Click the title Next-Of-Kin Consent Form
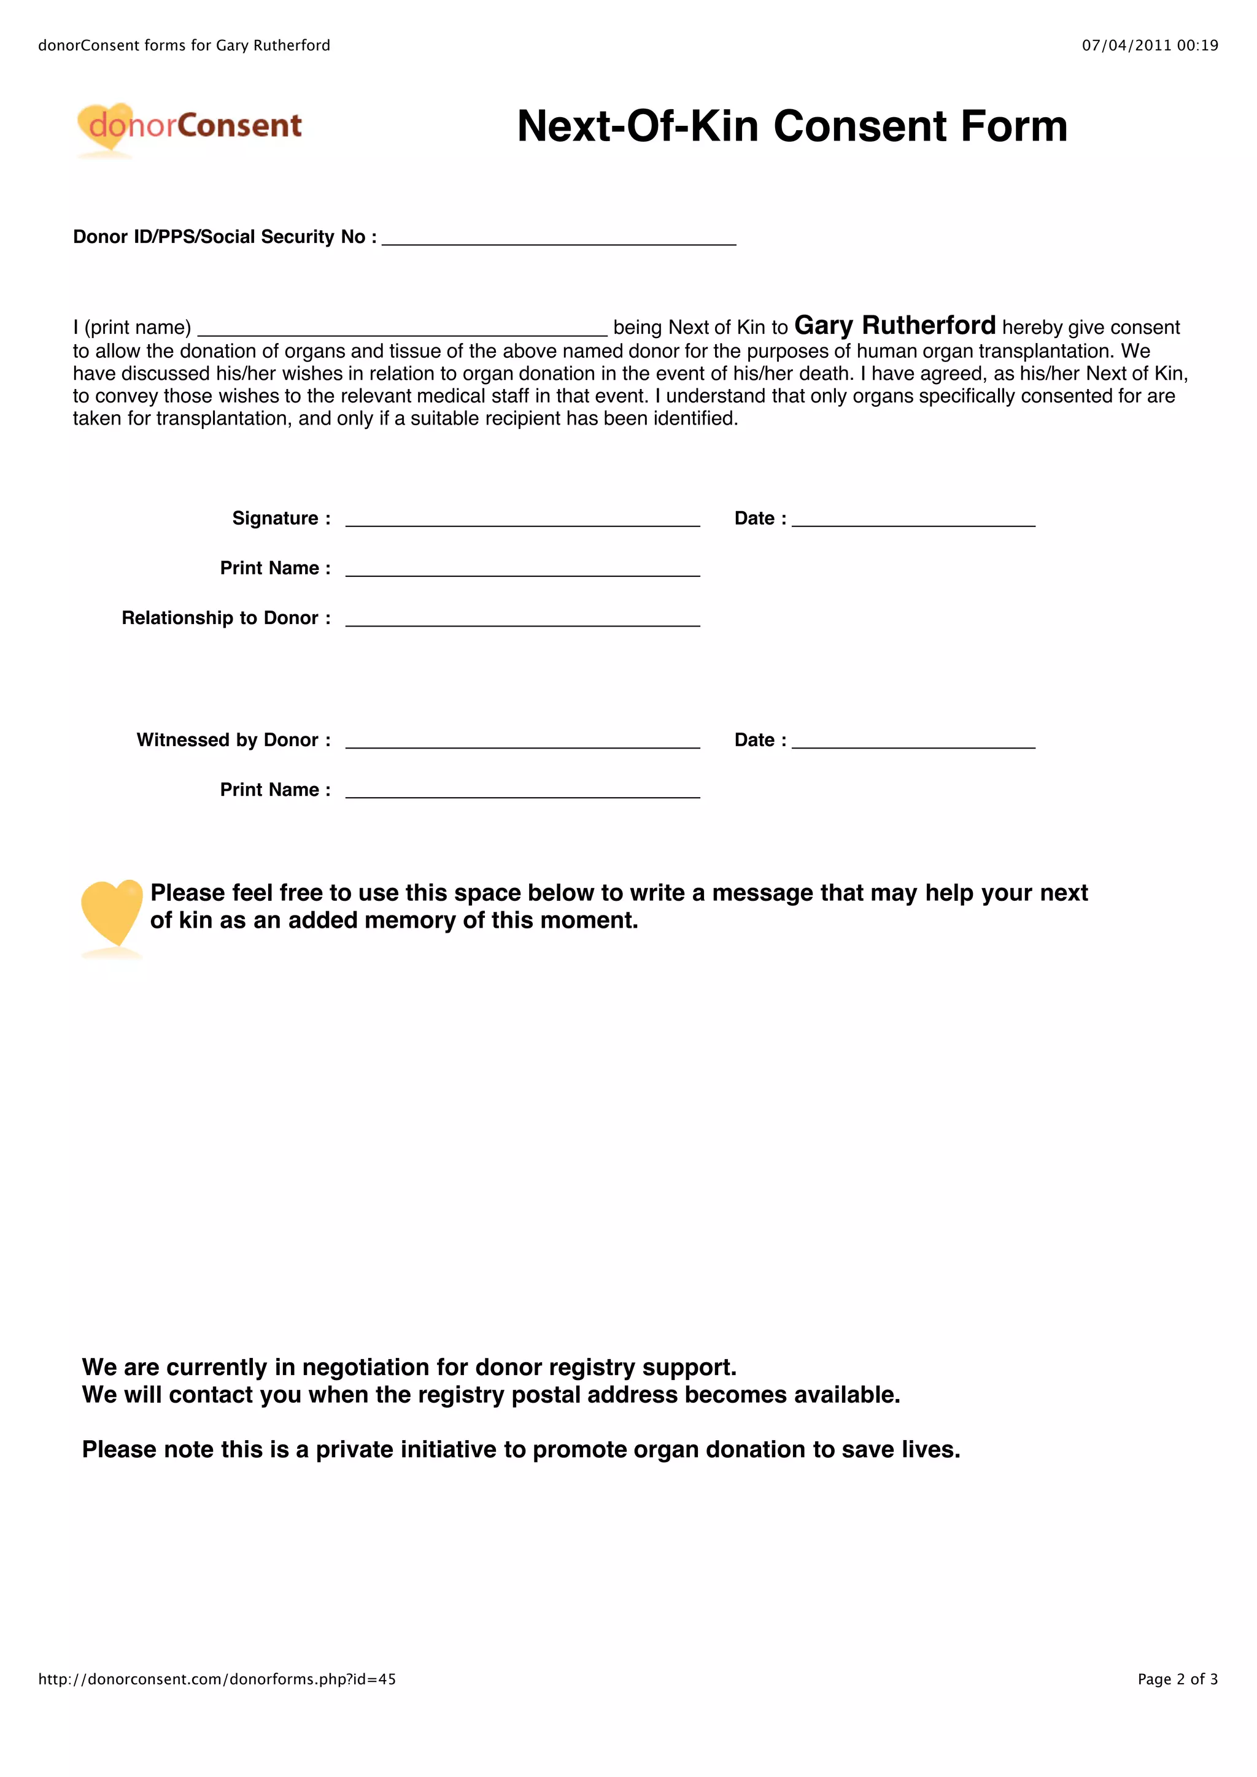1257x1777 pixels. [792, 126]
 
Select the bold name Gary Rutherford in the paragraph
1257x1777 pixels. [895, 326]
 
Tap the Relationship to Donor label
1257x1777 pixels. [226, 618]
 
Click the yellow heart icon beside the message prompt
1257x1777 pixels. [112, 912]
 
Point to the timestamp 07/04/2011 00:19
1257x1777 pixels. [1150, 45]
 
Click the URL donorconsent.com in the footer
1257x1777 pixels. [217, 1679]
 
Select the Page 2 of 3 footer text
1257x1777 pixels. [1177, 1679]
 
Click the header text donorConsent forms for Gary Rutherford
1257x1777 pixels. [184, 45]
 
